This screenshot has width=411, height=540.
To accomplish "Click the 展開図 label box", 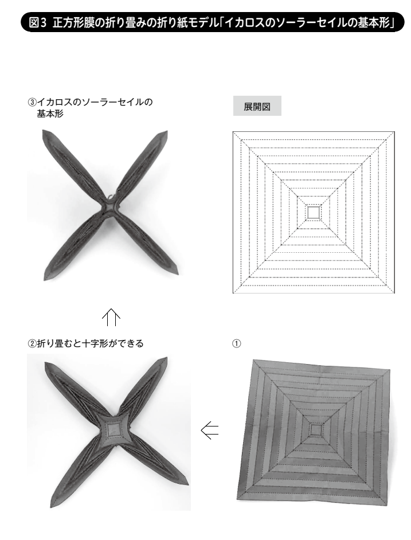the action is click(257, 106).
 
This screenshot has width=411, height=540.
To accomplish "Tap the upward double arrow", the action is click(111, 317).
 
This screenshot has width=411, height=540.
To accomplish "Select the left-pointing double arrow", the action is click(209, 431).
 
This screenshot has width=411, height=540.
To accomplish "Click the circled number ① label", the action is click(236, 343).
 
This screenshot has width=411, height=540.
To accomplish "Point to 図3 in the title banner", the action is click(38, 23).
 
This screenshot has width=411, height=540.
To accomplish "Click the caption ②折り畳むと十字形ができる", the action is click(85, 343).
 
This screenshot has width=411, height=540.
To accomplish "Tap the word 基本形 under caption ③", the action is click(50, 114).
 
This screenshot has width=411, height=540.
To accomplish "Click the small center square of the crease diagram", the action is click(314, 212).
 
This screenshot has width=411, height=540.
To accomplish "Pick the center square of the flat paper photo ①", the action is click(316, 430).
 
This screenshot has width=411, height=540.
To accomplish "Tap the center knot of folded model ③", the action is click(110, 206).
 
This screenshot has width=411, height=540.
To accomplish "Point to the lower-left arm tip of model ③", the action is click(45, 279).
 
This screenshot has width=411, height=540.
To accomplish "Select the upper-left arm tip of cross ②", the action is click(46, 363).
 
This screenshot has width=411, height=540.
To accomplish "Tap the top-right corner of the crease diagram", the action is click(394, 131).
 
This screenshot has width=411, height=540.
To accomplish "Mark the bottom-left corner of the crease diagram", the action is click(233, 293).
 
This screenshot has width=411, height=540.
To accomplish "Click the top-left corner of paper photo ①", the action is click(253, 360).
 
